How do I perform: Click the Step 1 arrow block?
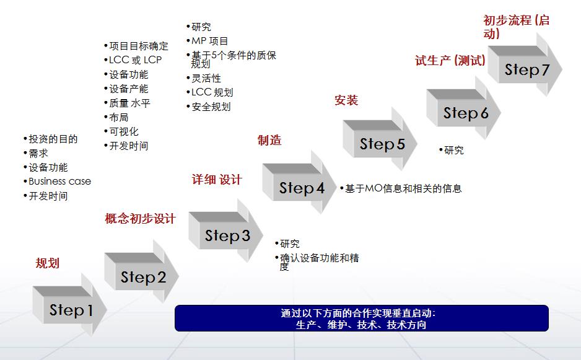click(x=70, y=310)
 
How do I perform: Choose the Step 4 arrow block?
click(x=301, y=188)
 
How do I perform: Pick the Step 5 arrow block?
click(x=382, y=144)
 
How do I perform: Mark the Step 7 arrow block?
click(x=526, y=69)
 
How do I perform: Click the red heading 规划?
click(x=48, y=263)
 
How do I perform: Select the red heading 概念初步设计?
click(x=141, y=219)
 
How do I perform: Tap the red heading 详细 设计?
click(x=217, y=180)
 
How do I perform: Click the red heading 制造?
click(x=269, y=141)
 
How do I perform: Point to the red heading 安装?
click(x=346, y=100)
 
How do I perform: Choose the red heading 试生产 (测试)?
click(x=450, y=61)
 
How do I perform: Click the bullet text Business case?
click(x=59, y=182)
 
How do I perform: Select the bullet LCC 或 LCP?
click(x=135, y=60)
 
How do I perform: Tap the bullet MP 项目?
click(x=210, y=41)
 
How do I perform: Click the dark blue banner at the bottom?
click(x=362, y=318)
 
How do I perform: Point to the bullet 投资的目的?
click(x=53, y=139)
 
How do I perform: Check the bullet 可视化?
click(x=124, y=131)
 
